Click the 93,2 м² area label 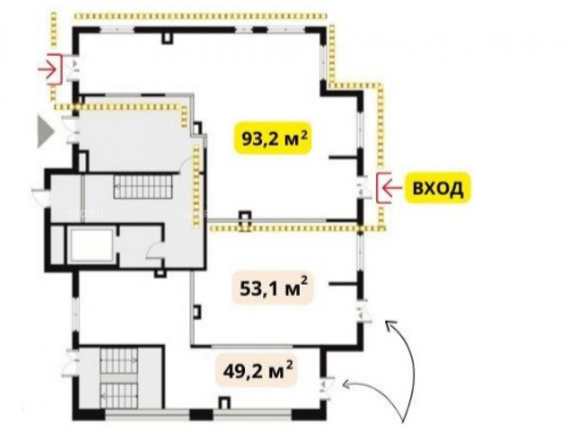tap(272, 138)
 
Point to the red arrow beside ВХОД tap(392, 188)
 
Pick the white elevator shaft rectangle tap(91, 245)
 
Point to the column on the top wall tap(167, 38)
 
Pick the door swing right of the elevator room tap(155, 251)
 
